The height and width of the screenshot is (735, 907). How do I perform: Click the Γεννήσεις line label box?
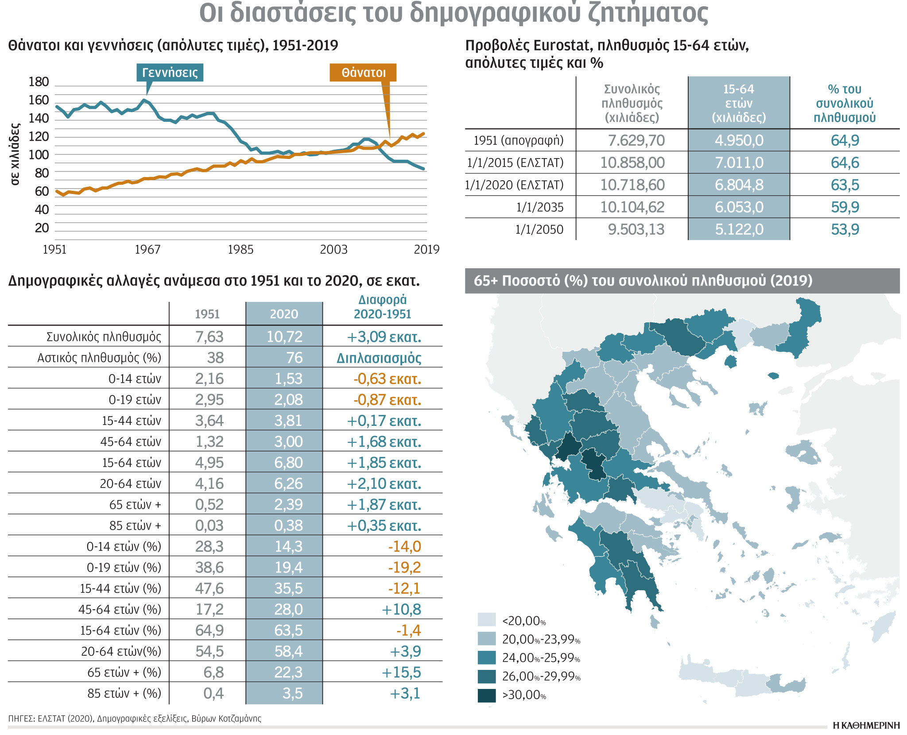[170, 73]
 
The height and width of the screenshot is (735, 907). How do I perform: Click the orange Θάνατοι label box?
[363, 73]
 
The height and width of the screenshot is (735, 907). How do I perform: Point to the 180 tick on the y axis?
[39, 82]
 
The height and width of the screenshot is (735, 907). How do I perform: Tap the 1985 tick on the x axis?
[240, 250]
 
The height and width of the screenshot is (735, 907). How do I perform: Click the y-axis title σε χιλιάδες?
[15, 154]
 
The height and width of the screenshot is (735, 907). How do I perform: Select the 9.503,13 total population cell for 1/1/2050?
[636, 229]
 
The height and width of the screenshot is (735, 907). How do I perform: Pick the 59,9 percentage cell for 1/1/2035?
[845, 207]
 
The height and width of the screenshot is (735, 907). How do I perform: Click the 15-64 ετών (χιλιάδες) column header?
[738, 103]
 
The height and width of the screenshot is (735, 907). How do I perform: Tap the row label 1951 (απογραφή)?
[519, 141]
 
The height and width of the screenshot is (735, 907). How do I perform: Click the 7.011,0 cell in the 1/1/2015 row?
[739, 163]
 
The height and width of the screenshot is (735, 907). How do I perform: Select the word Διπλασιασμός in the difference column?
[379, 358]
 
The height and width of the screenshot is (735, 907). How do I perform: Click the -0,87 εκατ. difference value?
[387, 400]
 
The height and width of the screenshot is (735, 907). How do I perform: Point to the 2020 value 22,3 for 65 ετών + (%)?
[288, 672]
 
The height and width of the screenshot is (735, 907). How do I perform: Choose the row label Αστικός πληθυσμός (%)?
[99, 358]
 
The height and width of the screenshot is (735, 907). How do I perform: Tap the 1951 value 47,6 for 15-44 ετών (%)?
[209, 588]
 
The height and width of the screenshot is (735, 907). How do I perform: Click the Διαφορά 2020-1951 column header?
[382, 307]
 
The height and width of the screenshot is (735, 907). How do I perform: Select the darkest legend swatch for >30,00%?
[486, 695]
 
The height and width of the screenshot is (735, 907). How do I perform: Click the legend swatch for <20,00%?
[486, 620]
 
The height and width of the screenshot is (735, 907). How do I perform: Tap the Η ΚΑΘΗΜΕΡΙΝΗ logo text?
[866, 725]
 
